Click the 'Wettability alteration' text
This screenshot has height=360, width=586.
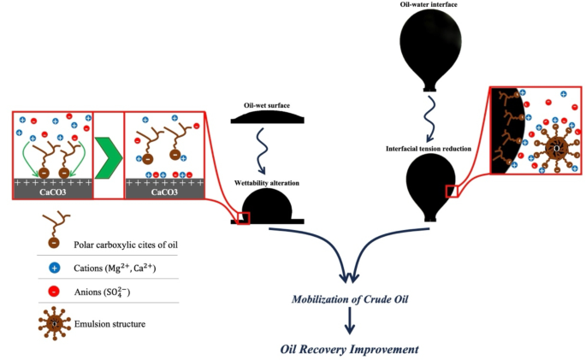tap(267, 183)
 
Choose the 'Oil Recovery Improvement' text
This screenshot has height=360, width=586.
tap(349, 349)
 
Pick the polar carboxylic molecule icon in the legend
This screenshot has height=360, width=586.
tap(33, 228)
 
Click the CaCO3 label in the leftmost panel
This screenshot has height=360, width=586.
tap(53, 192)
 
